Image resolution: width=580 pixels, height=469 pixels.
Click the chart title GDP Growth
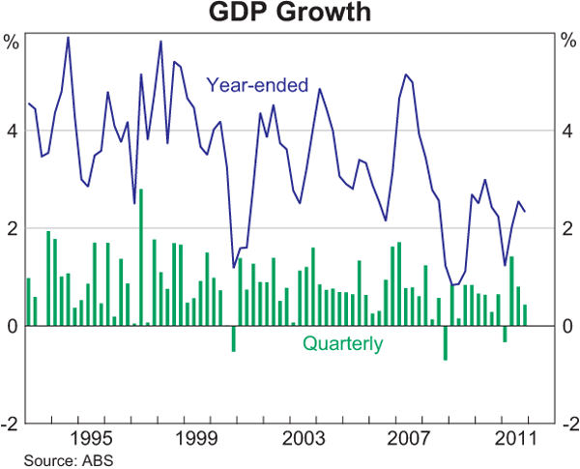point(290,15)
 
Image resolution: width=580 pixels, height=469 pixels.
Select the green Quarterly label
point(343,342)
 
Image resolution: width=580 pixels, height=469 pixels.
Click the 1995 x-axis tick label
point(94,438)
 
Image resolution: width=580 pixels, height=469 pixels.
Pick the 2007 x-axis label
point(408,438)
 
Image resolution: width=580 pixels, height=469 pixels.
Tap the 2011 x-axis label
point(512,438)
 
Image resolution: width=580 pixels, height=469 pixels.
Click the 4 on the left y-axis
point(12,131)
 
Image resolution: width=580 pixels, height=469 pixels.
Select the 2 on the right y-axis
point(567,228)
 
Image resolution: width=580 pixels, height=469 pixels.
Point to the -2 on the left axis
point(10,424)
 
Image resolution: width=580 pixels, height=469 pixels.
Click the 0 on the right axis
point(567,326)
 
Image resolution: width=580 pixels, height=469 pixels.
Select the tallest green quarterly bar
point(141,257)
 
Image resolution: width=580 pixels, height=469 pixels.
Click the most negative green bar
point(446,343)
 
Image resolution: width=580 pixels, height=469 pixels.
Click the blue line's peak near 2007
point(406,74)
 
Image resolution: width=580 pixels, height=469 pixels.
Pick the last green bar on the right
point(525,315)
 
